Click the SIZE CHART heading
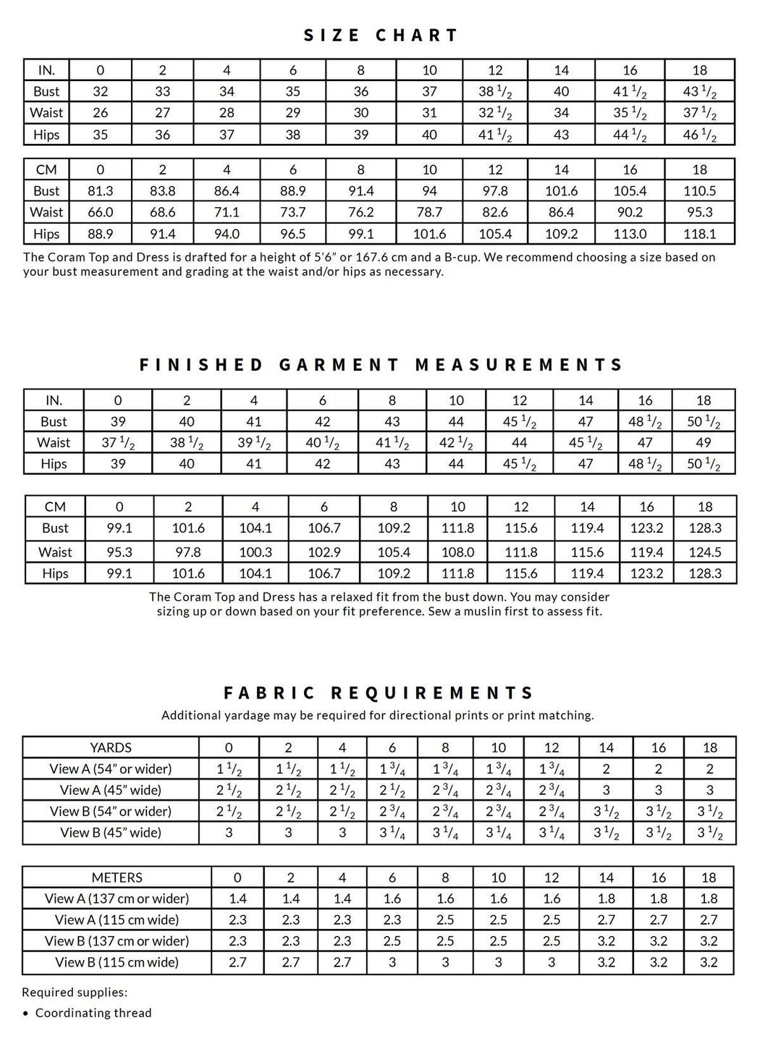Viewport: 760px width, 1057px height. click(381, 35)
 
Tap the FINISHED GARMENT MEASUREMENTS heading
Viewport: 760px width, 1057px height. click(381, 365)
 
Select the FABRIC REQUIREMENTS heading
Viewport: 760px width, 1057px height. click(379, 694)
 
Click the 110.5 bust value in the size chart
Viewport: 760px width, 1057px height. click(699, 191)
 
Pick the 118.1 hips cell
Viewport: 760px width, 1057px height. click(699, 234)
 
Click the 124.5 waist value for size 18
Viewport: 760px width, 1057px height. click(705, 552)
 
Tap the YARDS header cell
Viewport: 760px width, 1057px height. click(111, 747)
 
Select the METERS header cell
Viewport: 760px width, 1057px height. click(117, 877)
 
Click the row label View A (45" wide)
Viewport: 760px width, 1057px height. click(111, 790)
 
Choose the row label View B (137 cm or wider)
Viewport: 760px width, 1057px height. click(117, 941)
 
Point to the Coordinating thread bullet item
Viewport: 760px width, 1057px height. click(93, 1013)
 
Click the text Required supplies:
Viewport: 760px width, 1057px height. click(75, 993)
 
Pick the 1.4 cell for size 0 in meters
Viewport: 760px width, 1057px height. click(237, 898)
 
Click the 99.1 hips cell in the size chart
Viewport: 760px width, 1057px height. click(360, 234)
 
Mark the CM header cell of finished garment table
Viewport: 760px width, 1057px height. click(55, 507)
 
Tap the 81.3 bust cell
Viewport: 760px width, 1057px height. click(100, 191)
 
